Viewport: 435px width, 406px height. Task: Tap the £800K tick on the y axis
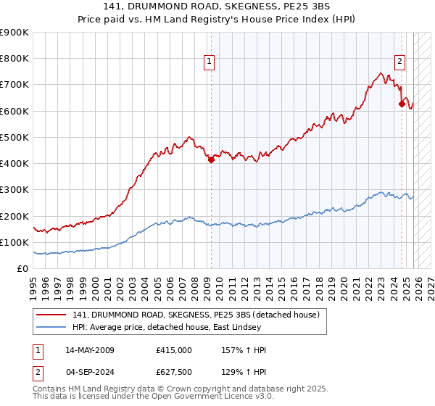(x=14, y=59)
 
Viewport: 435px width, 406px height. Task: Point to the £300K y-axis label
(x=14, y=190)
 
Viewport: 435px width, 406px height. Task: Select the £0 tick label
(x=22, y=269)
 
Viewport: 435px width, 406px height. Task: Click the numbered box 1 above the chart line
(x=209, y=62)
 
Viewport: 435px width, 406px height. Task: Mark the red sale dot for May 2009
(x=211, y=160)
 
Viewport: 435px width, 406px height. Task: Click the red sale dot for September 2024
(x=402, y=104)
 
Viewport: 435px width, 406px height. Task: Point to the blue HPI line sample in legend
(x=51, y=328)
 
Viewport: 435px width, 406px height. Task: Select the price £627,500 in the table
(x=174, y=373)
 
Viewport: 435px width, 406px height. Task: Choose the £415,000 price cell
(x=174, y=350)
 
